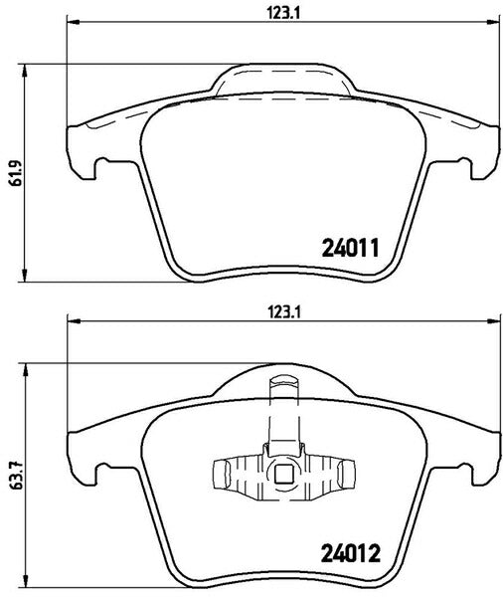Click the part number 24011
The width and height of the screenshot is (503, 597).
(351, 248)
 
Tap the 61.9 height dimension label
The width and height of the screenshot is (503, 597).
(14, 173)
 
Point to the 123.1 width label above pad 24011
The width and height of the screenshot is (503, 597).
(283, 14)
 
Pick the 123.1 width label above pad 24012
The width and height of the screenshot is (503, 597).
(284, 313)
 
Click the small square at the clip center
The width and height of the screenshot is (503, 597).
(282, 474)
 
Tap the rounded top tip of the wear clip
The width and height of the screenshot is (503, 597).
(283, 380)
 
